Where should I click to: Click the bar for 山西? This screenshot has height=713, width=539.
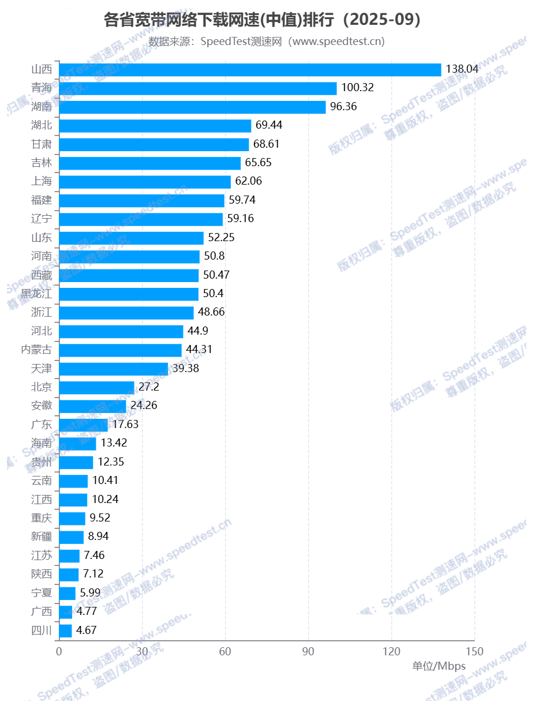(x=250, y=70)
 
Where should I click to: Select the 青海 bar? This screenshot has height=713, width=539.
(x=197, y=88)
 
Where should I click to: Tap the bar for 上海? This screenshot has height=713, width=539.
(x=145, y=182)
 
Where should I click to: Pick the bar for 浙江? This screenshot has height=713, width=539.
(x=126, y=313)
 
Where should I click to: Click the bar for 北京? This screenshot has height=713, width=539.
(x=96, y=387)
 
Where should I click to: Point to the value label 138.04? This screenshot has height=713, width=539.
(x=462, y=69)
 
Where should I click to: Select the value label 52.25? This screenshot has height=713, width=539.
(x=222, y=238)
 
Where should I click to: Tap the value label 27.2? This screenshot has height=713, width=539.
(x=149, y=386)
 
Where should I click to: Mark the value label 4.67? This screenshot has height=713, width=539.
(x=86, y=630)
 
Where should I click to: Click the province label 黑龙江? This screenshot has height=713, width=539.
(x=36, y=294)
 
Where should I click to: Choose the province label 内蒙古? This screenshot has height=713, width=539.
(x=36, y=350)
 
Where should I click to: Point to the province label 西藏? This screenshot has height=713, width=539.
(x=42, y=275)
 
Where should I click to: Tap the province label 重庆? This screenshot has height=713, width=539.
(x=42, y=518)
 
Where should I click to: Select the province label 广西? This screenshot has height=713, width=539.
(x=42, y=611)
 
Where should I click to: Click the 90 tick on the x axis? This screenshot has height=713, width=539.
(x=308, y=651)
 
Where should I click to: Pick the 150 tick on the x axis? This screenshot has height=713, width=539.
(x=474, y=651)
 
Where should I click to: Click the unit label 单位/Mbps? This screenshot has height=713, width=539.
(x=439, y=666)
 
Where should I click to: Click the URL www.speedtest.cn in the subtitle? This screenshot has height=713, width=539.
(x=337, y=42)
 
